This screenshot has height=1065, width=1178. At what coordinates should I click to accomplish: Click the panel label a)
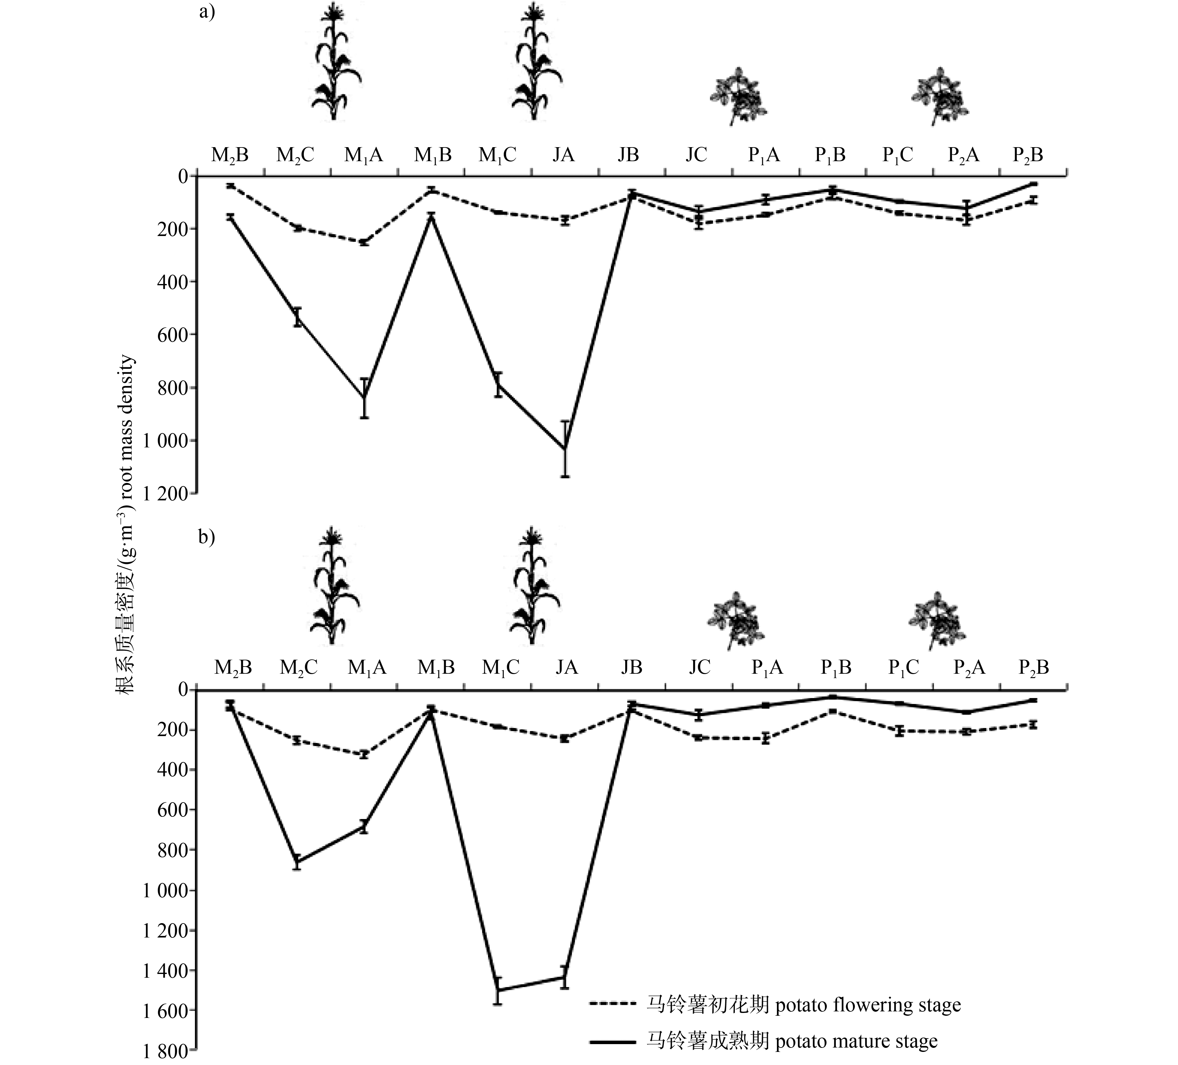click(207, 12)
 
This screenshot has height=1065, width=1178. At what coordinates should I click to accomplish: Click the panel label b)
click(207, 536)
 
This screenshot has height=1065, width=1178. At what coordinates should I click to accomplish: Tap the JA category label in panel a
click(563, 155)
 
